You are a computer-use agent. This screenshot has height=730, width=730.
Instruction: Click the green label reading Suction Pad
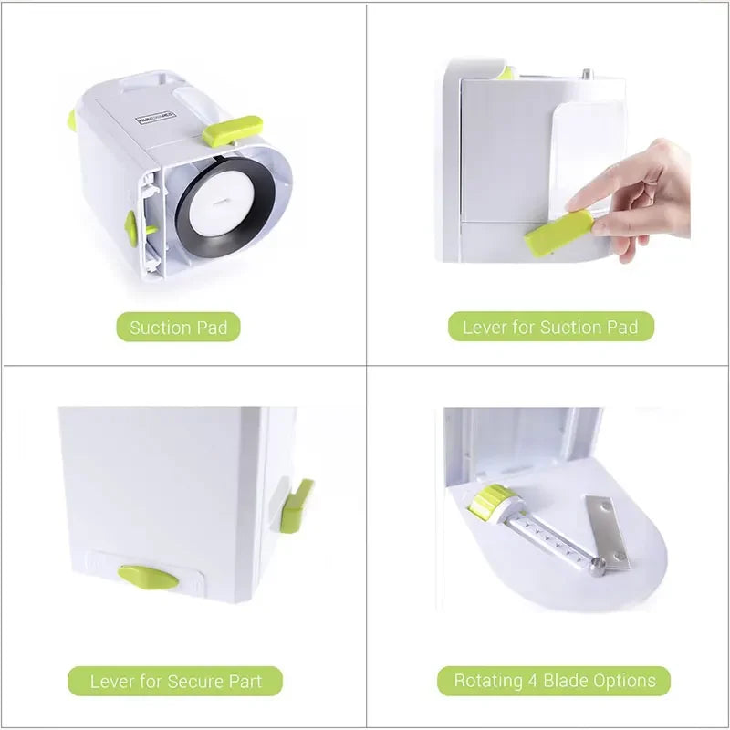pyautogui.click(x=178, y=327)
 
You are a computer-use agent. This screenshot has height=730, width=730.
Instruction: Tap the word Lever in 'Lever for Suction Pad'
pyautogui.click(x=484, y=327)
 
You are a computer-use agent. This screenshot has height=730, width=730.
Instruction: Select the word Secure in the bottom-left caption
pyautogui.click(x=188, y=681)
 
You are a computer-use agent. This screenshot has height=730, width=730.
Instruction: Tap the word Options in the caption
pyautogui.click(x=624, y=681)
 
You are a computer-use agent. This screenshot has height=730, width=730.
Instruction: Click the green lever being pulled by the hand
pyautogui.click(x=558, y=233)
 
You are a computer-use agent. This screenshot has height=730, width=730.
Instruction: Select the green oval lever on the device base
pyautogui.click(x=148, y=577)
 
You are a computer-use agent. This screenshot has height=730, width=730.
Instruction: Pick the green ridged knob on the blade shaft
pyautogui.click(x=493, y=503)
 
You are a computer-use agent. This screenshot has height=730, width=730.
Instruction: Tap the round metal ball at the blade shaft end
pyautogui.click(x=596, y=569)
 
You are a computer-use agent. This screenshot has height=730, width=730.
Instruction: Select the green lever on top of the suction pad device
pyautogui.click(x=232, y=130)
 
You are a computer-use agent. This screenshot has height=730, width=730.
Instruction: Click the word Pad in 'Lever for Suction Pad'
pyautogui.click(x=622, y=327)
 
